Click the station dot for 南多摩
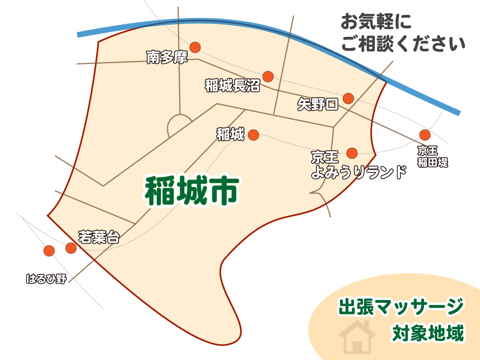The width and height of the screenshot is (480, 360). pyautogui.click(x=195, y=47)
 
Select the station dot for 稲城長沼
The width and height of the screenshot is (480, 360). pyautogui.click(x=268, y=76)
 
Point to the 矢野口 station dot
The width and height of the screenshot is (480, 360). pyautogui.click(x=348, y=98)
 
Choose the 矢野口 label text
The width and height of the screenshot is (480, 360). pyautogui.click(x=318, y=105)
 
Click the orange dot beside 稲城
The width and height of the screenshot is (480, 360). pyautogui.click(x=254, y=135)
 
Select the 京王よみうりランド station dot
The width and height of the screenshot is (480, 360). pyautogui.click(x=352, y=153)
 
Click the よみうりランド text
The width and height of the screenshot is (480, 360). pyautogui.click(x=359, y=173)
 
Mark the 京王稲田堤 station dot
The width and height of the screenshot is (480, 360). pyautogui.click(x=424, y=135)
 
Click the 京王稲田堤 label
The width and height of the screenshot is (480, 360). pyautogui.click(x=432, y=156)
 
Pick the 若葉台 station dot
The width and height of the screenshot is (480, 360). pyautogui.click(x=71, y=248)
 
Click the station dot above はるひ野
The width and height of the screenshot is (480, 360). pyautogui.click(x=49, y=250)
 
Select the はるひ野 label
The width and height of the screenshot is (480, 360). pyautogui.click(x=46, y=279)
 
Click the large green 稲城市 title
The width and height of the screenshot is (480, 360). pyautogui.click(x=192, y=192)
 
